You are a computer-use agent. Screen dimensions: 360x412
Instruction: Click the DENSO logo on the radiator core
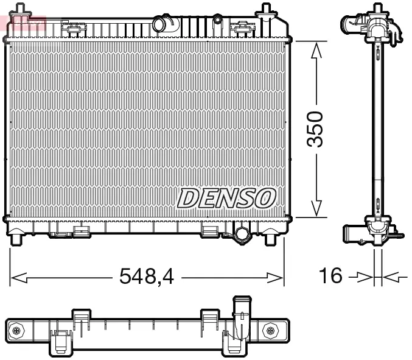tap(227, 197)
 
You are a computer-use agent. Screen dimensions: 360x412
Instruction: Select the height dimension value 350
tap(315, 129)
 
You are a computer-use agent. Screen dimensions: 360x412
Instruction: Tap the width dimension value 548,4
tap(147, 278)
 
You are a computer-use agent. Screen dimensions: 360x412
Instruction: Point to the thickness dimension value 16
tap(332, 277)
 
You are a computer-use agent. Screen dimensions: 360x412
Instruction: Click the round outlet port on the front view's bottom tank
tap(242, 234)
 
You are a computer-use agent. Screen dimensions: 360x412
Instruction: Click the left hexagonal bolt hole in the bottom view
tap(16, 330)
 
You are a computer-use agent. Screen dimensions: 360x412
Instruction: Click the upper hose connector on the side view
tap(356, 25)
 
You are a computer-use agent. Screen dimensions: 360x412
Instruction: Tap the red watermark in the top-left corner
tap(23, 23)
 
